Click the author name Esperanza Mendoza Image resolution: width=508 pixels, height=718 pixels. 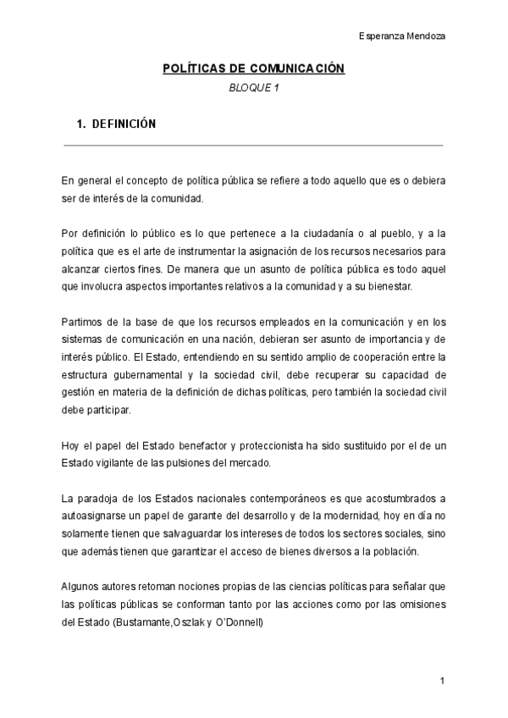click(x=402, y=36)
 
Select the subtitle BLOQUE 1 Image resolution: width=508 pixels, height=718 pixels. click(x=253, y=88)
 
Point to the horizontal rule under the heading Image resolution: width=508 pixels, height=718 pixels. click(x=253, y=146)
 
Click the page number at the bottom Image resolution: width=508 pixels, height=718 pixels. click(x=443, y=681)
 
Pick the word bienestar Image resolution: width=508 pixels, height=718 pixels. click(x=388, y=287)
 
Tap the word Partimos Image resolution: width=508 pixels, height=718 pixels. click(x=83, y=321)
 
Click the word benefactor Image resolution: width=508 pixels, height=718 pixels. click(x=195, y=445)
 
